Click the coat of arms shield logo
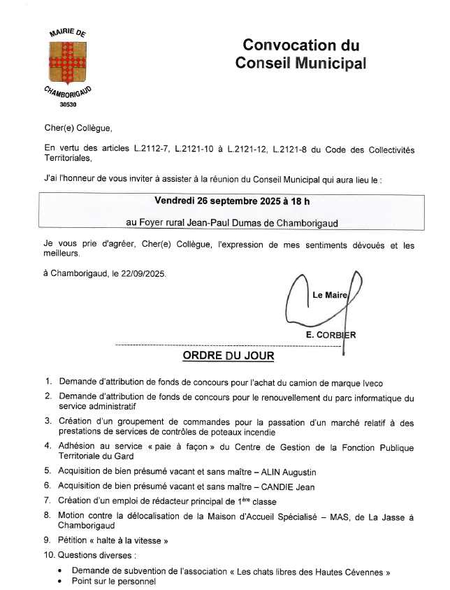[x=67, y=62]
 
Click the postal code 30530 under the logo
[x=68, y=105]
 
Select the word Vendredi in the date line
[x=175, y=201]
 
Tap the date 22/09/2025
[x=144, y=274]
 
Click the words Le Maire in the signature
[x=329, y=295]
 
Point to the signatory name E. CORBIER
[x=331, y=335]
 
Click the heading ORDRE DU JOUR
[x=228, y=356]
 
